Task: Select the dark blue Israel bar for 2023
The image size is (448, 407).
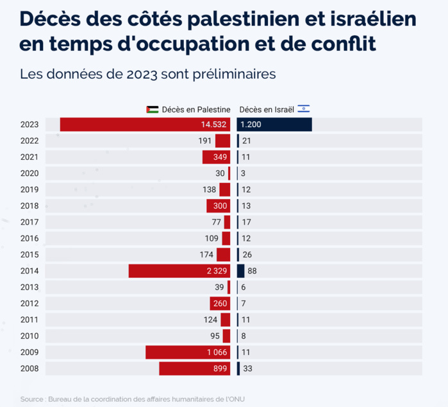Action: click(274, 125)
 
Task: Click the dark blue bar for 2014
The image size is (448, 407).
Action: click(241, 271)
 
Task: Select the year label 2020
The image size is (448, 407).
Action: click(29, 173)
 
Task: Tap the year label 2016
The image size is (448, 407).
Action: click(29, 238)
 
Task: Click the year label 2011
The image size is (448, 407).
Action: click(29, 320)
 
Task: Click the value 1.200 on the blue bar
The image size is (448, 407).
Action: click(252, 125)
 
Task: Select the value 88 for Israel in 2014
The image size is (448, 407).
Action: click(252, 271)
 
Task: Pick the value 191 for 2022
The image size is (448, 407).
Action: click(204, 141)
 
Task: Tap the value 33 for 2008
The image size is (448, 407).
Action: click(247, 368)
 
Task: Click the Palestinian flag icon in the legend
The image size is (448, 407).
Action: click(153, 109)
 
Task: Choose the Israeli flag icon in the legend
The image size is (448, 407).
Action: click(304, 108)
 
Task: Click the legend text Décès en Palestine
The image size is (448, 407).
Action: click(195, 109)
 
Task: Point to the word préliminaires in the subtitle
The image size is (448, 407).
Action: click(236, 74)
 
